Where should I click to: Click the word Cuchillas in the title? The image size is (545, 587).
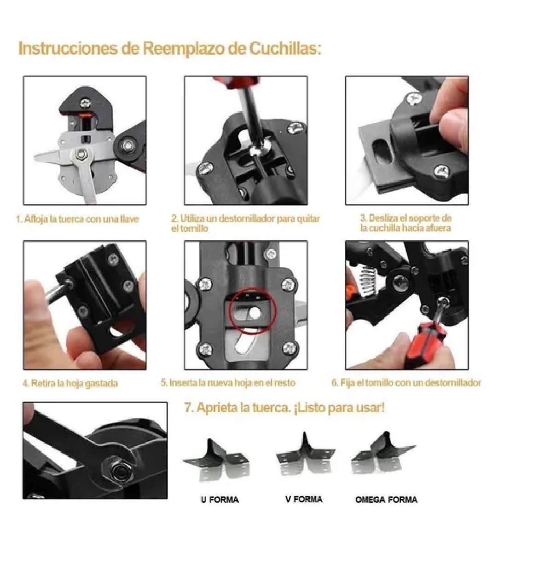pos(285,48)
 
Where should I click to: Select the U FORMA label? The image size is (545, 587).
pos(220,500)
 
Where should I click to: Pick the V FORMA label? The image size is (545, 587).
pos(303,499)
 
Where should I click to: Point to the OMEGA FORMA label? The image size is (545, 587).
pos(386,500)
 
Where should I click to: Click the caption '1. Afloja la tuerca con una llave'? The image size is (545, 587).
pos(77,219)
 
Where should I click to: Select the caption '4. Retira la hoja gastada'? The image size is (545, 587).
pos(70,383)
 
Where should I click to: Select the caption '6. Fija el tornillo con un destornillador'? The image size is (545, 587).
pos(406,383)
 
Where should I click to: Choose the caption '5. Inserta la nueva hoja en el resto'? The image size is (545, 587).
pos(227,383)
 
